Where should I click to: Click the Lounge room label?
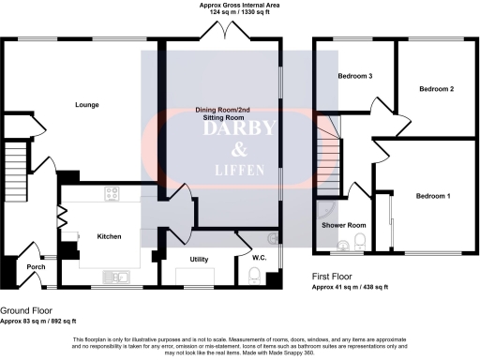tap(87, 105)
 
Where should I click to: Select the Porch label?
tap(36, 267)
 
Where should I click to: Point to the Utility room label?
tap(199, 259)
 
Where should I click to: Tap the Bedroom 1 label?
tap(433, 195)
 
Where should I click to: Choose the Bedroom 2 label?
tap(436, 89)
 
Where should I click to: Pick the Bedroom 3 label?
tap(357, 75)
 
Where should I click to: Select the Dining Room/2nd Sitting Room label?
tap(221, 115)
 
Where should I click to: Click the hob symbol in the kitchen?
tap(112, 195)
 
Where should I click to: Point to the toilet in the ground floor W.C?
tap(254, 274)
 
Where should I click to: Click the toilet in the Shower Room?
tap(361, 246)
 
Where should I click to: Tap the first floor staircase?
tap(328, 159)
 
